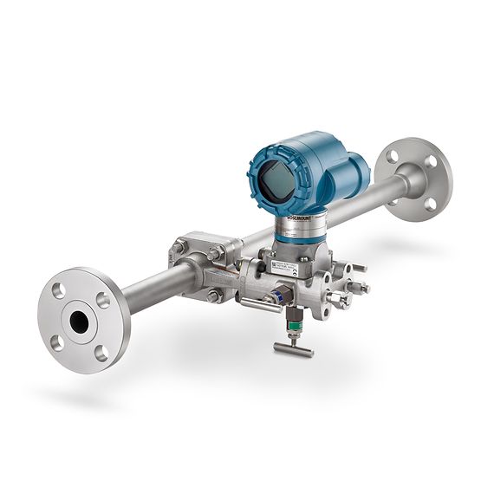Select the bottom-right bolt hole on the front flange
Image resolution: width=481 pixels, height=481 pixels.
[102, 351]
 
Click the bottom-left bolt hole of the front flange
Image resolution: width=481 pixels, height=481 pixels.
[57, 342]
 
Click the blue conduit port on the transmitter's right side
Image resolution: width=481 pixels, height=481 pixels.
[357, 172]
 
